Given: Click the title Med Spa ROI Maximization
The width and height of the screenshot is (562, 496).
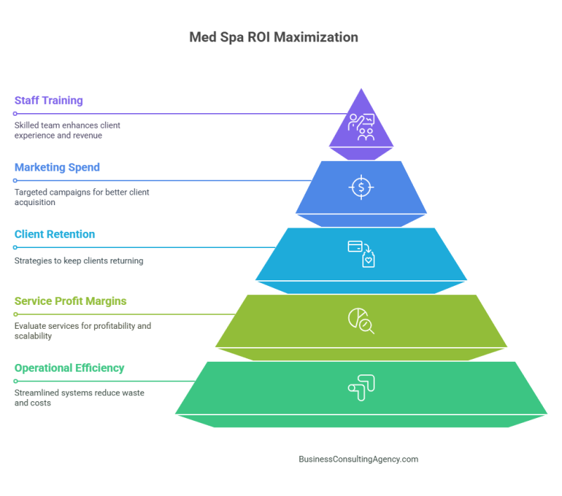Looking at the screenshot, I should [x=273, y=37].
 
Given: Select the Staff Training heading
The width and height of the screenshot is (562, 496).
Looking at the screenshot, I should [x=48, y=100].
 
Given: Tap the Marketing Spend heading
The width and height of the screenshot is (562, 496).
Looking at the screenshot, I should [x=57, y=167].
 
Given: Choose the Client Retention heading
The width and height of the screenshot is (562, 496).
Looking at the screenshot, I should [x=54, y=234].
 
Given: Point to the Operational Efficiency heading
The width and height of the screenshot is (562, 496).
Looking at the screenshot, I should [x=69, y=367].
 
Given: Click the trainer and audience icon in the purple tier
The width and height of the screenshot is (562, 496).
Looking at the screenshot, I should [x=361, y=127].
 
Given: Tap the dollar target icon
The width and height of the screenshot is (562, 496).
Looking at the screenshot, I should [x=361, y=187].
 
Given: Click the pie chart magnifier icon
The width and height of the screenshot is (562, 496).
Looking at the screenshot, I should [x=361, y=320].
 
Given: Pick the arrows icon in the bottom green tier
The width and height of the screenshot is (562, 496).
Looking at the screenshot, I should [x=361, y=387].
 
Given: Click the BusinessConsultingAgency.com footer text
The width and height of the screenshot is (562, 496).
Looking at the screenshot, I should [x=358, y=459].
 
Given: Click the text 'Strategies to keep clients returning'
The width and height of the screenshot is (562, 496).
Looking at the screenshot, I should [x=79, y=261].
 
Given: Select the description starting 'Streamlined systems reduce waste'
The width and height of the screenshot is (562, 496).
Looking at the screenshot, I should [x=79, y=398].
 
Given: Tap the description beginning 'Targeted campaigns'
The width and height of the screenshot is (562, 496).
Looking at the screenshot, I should [x=81, y=197].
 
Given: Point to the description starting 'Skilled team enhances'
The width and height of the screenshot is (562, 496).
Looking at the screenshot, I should [x=67, y=130].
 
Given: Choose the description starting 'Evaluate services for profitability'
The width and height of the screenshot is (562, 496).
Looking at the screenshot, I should [x=82, y=331].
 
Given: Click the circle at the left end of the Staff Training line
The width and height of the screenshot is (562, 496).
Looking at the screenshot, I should [x=15, y=113].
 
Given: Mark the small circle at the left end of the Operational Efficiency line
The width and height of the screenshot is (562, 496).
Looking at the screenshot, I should [x=15, y=381].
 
